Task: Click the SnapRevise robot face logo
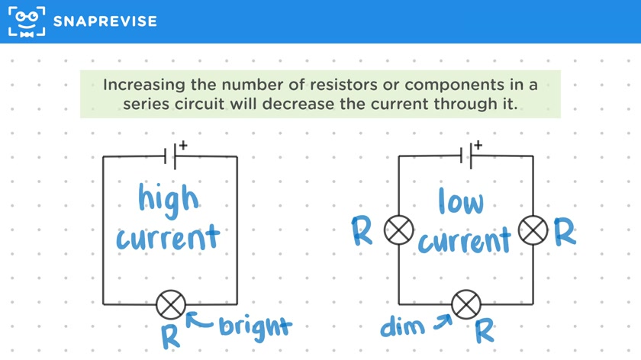point(27,21)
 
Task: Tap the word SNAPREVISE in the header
point(105,21)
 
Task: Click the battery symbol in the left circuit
point(170,156)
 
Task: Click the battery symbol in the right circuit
point(466,156)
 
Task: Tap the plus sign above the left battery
point(183,145)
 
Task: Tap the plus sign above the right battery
point(478,145)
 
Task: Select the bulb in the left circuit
point(171,304)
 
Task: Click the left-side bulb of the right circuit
point(398,230)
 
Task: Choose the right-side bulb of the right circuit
point(533,230)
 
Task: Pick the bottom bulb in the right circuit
point(466,304)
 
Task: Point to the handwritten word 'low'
point(461,201)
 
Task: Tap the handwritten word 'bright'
point(255,328)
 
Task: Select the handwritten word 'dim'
point(402,326)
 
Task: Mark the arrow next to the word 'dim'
point(443,322)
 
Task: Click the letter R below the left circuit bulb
point(170,336)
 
